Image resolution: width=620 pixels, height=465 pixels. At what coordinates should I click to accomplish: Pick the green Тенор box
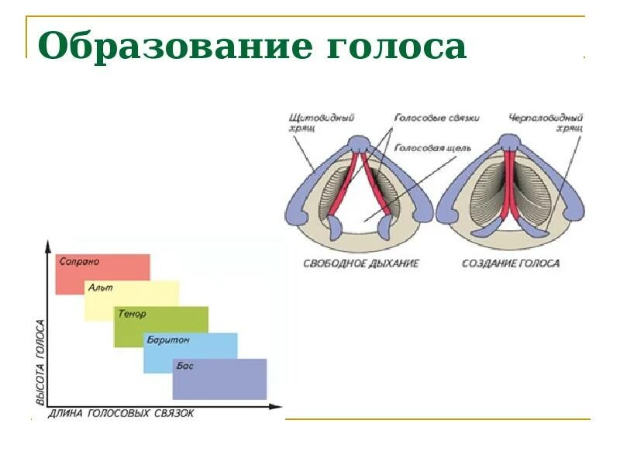(x=161, y=326)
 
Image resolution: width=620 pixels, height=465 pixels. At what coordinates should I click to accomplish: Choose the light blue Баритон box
(x=191, y=353)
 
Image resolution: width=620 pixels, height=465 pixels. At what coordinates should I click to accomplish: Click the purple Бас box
(x=220, y=379)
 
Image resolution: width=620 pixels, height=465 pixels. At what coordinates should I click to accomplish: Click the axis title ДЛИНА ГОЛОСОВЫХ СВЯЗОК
(x=121, y=414)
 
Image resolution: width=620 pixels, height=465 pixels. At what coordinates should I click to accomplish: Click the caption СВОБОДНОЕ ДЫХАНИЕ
(x=361, y=263)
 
